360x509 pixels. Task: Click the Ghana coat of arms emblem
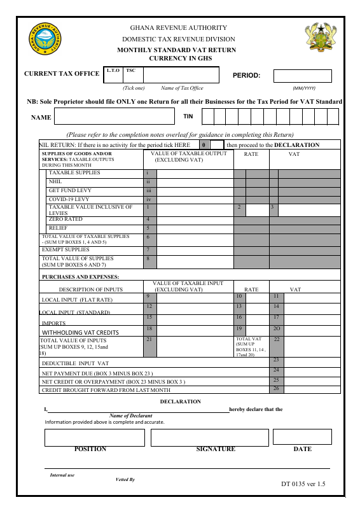318,40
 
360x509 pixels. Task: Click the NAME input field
114,116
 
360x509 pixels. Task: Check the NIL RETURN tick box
218,145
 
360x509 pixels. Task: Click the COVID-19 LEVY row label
69,199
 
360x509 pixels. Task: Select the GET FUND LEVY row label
71,190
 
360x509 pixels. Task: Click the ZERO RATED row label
66,220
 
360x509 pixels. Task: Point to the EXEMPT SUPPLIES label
66,249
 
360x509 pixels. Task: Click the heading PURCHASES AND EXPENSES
80,277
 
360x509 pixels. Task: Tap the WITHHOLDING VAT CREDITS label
80,332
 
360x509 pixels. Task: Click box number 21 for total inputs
149,340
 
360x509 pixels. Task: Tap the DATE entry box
302,436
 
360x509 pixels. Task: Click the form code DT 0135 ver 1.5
303,484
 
